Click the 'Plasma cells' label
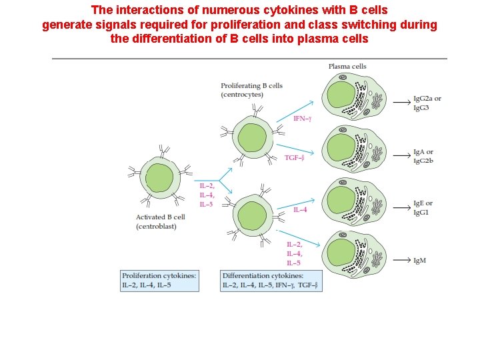coord(347,66)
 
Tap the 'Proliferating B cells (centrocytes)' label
coord(251,90)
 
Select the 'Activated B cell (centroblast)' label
coord(160,222)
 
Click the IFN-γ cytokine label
coord(303,119)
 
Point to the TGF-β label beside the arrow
coord(294,158)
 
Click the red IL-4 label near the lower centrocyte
coord(300,210)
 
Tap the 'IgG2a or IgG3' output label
coord(427,103)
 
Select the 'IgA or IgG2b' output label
coord(423,156)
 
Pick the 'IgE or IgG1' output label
coord(423,207)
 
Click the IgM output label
coord(419,261)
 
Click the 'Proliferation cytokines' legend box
coord(160,281)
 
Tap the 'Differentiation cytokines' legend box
coord(271,281)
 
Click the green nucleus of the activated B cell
coord(159,179)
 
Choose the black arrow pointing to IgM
coord(401,261)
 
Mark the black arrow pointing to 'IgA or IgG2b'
coord(401,156)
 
